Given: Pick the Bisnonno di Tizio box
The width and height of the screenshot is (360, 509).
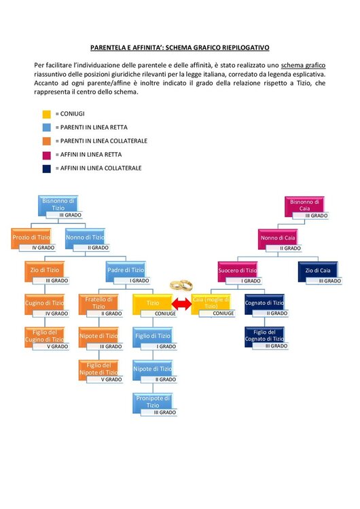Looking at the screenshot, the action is click(x=57, y=205).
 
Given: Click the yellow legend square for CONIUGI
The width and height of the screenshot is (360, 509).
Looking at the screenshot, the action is click(x=46, y=114).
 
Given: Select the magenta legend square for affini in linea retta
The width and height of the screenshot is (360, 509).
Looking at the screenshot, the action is click(x=46, y=155).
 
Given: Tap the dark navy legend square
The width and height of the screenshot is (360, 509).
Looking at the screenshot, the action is click(x=46, y=168).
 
